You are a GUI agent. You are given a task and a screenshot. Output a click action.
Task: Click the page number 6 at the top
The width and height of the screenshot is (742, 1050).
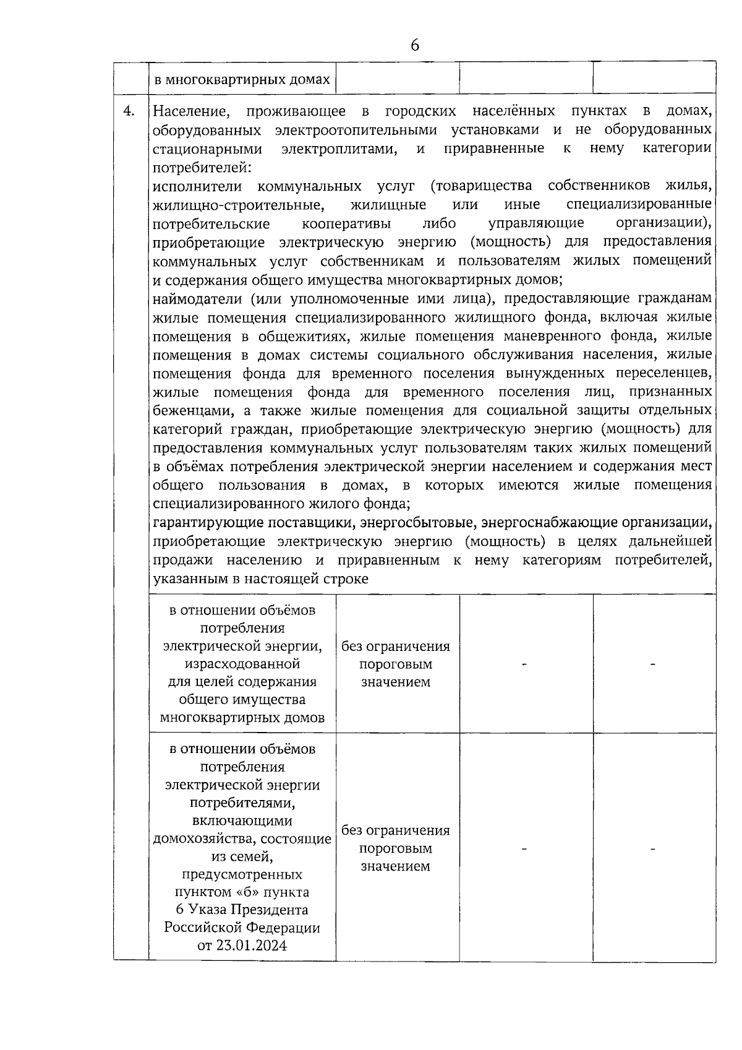pos(414,46)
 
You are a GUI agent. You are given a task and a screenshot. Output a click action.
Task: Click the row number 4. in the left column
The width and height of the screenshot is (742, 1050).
pos(129,111)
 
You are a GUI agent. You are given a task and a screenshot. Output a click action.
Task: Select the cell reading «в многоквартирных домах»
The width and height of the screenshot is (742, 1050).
pos(242,79)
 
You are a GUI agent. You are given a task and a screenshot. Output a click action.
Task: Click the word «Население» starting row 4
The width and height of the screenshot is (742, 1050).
pos(191,111)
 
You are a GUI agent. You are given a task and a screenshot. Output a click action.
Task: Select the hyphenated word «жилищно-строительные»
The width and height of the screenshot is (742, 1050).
pos(238,205)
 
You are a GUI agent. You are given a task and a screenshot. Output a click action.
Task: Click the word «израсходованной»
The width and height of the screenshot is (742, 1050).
pos(242,664)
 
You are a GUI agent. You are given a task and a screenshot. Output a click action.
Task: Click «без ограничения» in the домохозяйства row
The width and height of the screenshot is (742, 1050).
pos(396,830)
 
